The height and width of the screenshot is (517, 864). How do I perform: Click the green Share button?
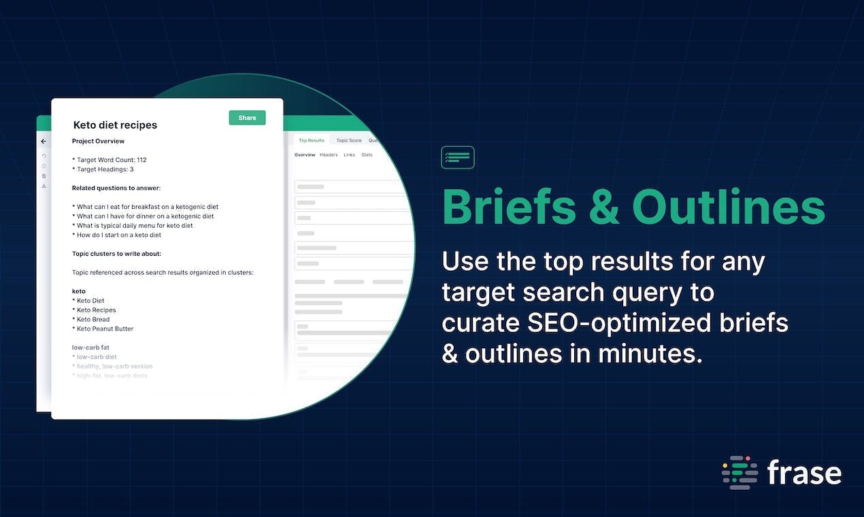pyautogui.click(x=247, y=118)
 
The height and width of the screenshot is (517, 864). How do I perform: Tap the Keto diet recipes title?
pyautogui.click(x=115, y=125)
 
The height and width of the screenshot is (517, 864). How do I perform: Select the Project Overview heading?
pyautogui.click(x=98, y=141)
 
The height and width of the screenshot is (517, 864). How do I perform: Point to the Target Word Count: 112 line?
pyautogui.click(x=109, y=160)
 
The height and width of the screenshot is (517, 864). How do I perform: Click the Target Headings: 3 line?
pyautogui.click(x=103, y=169)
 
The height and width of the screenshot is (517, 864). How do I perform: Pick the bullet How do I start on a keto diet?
pyautogui.click(x=119, y=235)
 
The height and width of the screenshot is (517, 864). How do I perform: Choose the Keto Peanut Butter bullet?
pyautogui.click(x=105, y=329)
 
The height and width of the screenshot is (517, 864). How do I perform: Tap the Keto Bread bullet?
pyautogui.click(x=93, y=319)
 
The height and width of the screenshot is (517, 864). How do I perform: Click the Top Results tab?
pyautogui.click(x=312, y=140)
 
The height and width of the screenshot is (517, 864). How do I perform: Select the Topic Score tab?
pyautogui.click(x=349, y=140)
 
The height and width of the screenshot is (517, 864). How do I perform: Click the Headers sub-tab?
pyautogui.click(x=329, y=155)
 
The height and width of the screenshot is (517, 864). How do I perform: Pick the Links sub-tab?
pyautogui.click(x=349, y=155)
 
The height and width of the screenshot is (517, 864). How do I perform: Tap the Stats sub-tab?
pyautogui.click(x=367, y=155)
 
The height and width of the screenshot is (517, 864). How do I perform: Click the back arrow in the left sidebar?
pyautogui.click(x=44, y=141)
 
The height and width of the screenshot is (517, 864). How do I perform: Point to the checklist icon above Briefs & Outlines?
pyautogui.click(x=457, y=157)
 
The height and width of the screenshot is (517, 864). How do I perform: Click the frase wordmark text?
pyautogui.click(x=803, y=473)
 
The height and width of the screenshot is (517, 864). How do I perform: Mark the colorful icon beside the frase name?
pyautogui.click(x=740, y=473)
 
